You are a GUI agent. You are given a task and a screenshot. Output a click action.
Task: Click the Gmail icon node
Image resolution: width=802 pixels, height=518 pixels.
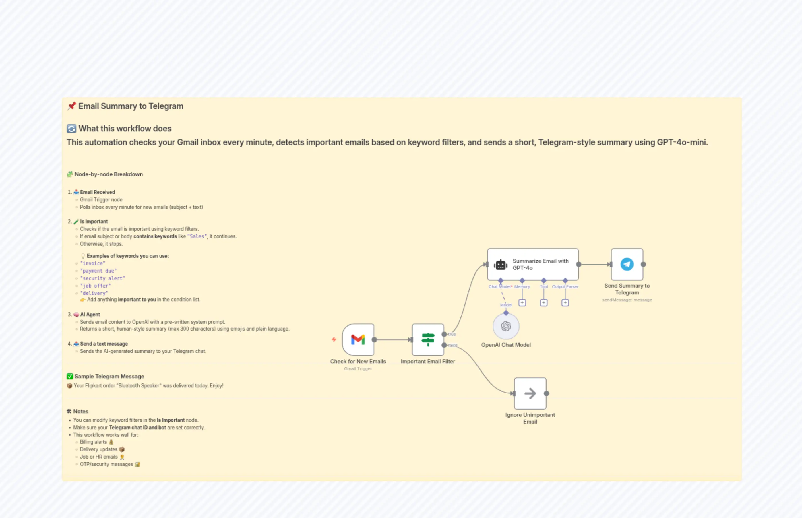tap(358, 339)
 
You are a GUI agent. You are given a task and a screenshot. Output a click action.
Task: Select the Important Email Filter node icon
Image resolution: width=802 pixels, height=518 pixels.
tap(428, 339)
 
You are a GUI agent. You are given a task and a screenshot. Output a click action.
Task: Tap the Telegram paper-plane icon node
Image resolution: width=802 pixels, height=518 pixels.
tap(627, 264)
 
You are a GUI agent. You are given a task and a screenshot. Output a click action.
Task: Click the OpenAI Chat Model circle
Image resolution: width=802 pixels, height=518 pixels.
tap(505, 326)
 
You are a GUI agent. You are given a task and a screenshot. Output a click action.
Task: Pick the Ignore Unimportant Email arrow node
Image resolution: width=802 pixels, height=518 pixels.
tap(530, 393)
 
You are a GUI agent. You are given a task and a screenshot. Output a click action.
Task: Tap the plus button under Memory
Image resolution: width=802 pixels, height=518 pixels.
tap(522, 303)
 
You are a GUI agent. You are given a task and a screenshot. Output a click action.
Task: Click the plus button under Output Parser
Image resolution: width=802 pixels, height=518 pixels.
tap(565, 303)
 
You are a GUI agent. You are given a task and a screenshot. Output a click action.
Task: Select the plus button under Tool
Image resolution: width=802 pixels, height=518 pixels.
tap(544, 303)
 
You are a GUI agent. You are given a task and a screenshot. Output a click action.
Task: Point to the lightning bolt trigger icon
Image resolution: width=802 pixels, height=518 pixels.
tap(334, 339)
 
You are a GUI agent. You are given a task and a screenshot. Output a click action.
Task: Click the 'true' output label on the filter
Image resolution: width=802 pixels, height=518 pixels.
tap(452, 334)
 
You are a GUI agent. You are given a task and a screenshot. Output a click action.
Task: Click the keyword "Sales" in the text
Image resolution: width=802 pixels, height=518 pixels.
tap(197, 236)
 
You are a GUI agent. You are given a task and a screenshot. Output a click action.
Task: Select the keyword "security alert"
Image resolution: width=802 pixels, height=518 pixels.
tap(102, 278)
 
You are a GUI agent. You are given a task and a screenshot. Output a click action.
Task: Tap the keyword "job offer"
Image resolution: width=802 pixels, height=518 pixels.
tap(96, 286)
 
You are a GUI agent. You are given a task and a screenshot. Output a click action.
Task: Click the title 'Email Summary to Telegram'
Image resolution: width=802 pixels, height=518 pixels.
tap(131, 106)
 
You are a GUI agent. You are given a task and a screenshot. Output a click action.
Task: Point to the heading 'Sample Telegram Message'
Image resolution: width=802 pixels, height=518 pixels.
tap(109, 377)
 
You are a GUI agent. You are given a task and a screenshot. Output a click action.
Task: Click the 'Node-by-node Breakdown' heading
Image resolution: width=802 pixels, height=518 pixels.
tap(108, 174)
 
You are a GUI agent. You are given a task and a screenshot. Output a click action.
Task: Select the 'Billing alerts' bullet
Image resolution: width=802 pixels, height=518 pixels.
tap(93, 442)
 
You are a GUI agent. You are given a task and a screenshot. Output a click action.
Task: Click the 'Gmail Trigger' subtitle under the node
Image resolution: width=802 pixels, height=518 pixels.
tap(358, 369)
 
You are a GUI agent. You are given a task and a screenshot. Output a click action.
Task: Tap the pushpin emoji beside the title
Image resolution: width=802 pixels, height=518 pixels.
tap(71, 106)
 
